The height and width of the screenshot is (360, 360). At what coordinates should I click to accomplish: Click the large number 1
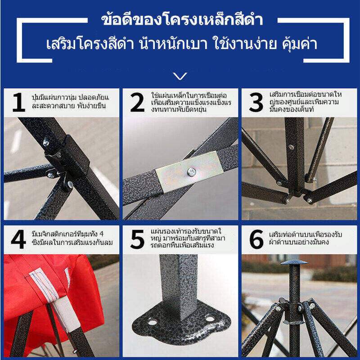tap(19, 103)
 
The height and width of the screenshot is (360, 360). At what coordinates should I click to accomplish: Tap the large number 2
tap(137, 103)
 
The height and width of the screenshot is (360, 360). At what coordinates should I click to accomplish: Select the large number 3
tap(256, 103)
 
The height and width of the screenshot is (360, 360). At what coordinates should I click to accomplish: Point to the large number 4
tap(18, 239)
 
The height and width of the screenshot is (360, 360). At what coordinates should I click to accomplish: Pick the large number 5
tap(137, 239)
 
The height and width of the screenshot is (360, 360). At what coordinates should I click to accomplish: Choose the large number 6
tap(256, 239)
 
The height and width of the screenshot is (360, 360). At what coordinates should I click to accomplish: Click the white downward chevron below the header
tap(180, 76)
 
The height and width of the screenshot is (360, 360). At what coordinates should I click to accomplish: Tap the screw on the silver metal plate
tap(191, 172)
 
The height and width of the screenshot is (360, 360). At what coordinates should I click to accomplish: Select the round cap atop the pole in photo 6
tap(294, 262)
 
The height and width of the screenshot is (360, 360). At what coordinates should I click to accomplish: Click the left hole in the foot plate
tap(153, 322)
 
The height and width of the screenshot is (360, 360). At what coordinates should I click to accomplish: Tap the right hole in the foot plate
tap(210, 319)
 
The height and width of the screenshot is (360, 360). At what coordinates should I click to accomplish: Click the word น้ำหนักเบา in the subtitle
tap(173, 43)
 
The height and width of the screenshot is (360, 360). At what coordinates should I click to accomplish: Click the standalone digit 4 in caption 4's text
tap(101, 234)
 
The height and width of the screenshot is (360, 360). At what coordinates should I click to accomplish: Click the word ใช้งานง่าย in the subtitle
tap(245, 43)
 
